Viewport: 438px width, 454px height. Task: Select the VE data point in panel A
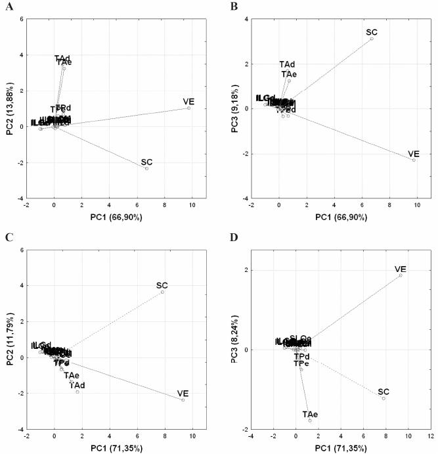[x=189, y=108]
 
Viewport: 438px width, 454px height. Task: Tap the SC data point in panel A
[x=147, y=169]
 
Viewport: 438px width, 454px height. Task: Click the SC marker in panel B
[x=372, y=39]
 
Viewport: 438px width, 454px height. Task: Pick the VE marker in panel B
[x=414, y=160]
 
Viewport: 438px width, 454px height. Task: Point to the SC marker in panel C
[x=162, y=292]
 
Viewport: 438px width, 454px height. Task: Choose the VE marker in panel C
[x=183, y=399]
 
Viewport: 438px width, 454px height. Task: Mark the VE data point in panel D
[x=401, y=275]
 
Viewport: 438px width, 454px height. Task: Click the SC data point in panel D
[x=383, y=398]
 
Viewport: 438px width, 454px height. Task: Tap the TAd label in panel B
[x=287, y=64]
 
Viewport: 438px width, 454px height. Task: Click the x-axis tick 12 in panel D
[x=430, y=436]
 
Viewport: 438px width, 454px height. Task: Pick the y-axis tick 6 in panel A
[x=22, y=19]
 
